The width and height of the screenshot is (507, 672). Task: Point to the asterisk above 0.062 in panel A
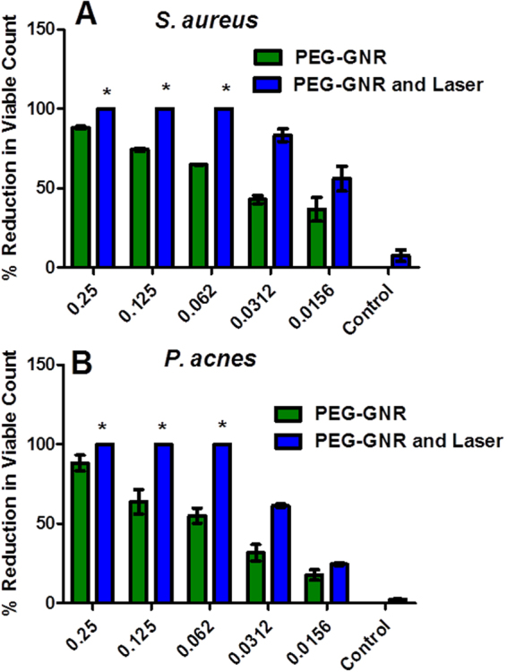click(225, 89)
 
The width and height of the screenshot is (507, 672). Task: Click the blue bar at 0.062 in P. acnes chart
click(222, 523)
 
